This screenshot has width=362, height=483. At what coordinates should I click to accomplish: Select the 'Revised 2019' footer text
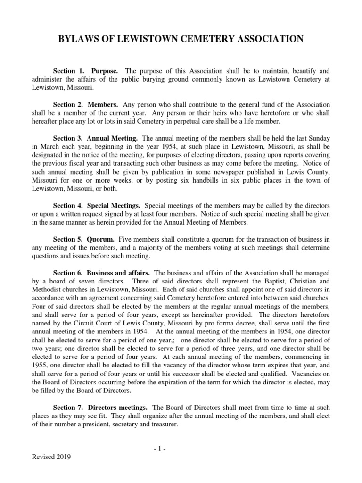pos(51,457)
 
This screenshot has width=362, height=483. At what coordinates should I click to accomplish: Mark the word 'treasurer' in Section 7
pos(162,424)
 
